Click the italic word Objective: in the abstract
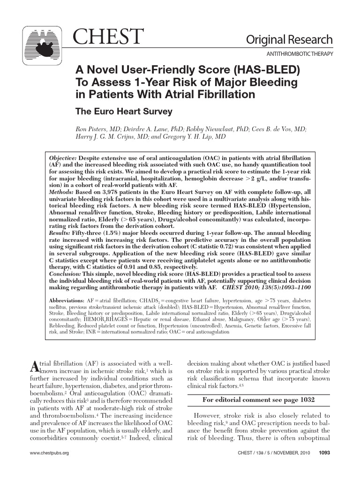click(64, 159)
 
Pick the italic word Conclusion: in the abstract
click(65, 273)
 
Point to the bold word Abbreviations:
click(67, 300)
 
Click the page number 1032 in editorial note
click(305, 400)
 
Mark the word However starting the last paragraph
click(209, 415)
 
